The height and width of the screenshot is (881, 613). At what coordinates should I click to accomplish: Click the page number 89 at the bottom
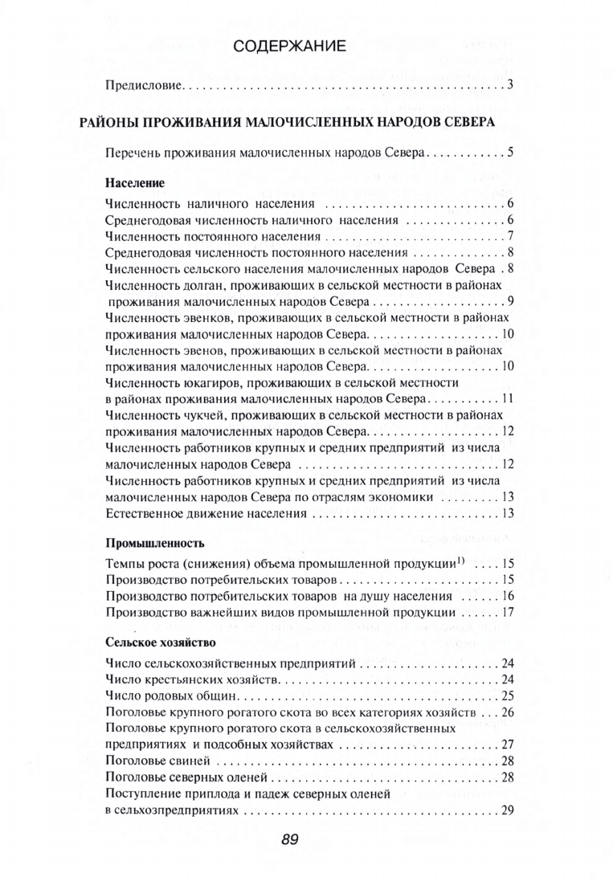click(290, 840)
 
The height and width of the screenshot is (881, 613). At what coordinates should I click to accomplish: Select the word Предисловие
click(145, 84)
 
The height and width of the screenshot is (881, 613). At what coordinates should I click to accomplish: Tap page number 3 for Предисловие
click(509, 84)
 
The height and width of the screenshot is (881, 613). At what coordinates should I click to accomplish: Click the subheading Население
click(129, 182)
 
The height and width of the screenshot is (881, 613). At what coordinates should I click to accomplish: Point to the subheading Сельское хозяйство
click(161, 643)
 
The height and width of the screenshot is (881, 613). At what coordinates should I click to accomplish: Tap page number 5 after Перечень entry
click(509, 152)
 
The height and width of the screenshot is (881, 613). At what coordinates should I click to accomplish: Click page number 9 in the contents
click(509, 302)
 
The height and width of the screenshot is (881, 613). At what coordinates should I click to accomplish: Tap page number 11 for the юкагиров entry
click(507, 398)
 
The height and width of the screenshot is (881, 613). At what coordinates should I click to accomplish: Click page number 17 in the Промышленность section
click(507, 613)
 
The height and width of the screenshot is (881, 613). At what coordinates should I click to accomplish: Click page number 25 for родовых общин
click(507, 695)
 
